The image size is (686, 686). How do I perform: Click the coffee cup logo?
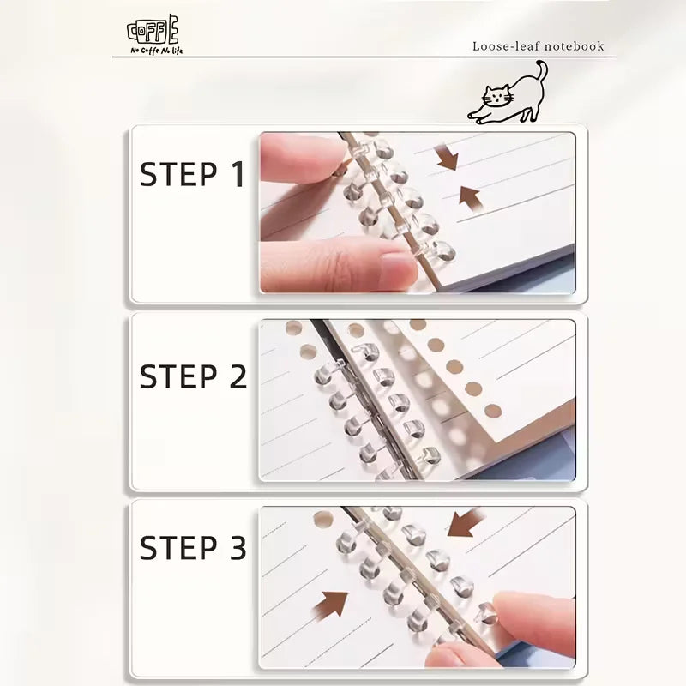point(154,31)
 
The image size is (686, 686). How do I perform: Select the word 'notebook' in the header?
point(573,46)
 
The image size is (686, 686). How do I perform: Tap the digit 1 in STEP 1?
point(236,174)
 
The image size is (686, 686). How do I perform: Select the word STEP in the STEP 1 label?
point(178,174)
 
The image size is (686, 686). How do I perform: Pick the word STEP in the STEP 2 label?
point(178,376)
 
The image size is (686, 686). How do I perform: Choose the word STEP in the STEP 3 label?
point(178,547)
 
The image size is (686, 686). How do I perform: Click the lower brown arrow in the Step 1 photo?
point(468,196)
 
